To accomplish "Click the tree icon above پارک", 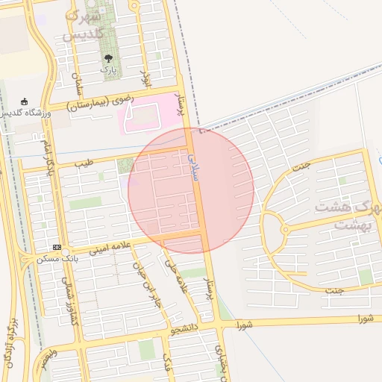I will click(109, 57).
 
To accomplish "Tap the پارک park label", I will click(109, 69).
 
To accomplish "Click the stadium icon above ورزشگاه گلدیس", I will click(25, 101).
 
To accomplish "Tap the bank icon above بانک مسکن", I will click(57, 248).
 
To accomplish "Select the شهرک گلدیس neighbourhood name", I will click(88, 26).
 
